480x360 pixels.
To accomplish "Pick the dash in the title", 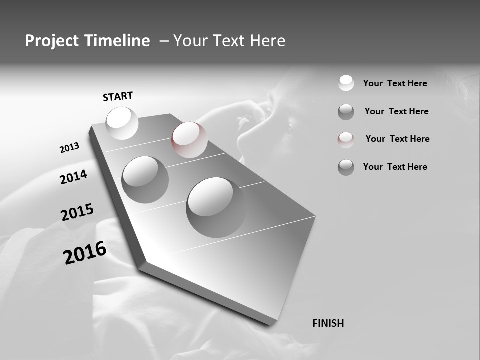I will (163, 41).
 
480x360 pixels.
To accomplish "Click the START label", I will (118, 96).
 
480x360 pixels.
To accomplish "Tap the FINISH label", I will (328, 323).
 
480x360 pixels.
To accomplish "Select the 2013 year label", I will (69, 148).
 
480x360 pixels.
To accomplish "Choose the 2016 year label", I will (85, 253).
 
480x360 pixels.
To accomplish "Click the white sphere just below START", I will (122, 123).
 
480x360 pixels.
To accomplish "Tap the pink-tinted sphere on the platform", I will (189, 140).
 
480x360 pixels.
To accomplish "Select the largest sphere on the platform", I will (216, 207).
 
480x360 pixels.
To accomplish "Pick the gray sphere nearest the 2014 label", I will (145, 179).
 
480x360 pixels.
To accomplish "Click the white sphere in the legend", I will (346, 83).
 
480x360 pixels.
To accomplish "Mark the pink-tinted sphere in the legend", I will (346, 139).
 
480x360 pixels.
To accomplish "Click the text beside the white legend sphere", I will (395, 83).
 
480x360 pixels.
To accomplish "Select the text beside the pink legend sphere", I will (397, 139).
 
